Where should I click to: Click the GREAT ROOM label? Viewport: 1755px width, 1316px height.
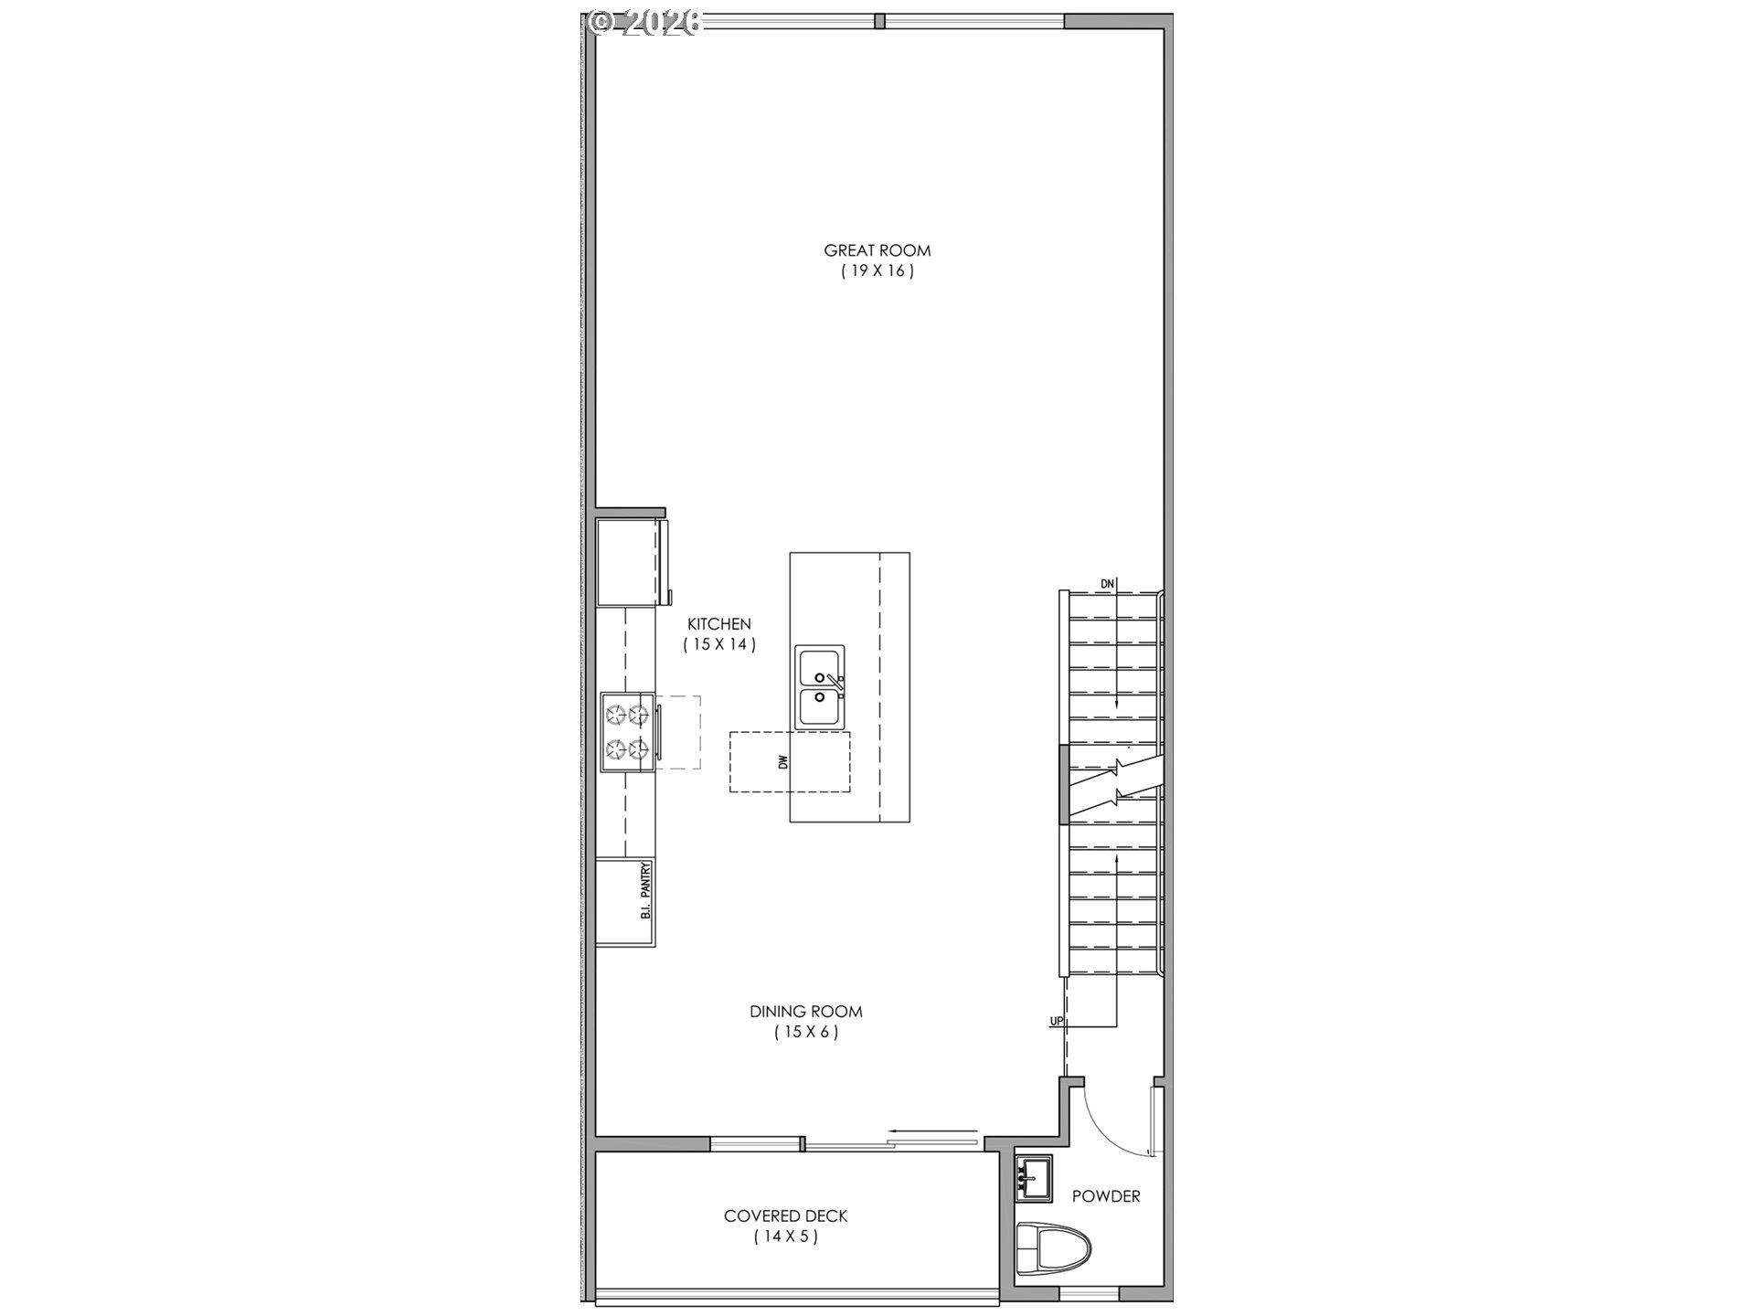(x=877, y=250)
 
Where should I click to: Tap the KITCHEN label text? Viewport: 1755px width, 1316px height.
(x=719, y=624)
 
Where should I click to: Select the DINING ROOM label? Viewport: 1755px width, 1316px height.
(x=805, y=1012)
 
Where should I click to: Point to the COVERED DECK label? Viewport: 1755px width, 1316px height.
(x=785, y=1216)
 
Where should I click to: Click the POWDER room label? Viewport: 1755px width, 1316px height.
(x=1106, y=1196)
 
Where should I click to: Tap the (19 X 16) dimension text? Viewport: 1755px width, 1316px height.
(x=877, y=271)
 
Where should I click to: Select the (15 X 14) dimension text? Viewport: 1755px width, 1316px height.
(x=719, y=644)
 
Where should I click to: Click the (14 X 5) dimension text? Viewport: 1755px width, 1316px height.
(x=785, y=1237)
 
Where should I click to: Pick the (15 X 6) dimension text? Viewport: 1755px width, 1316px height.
(x=805, y=1033)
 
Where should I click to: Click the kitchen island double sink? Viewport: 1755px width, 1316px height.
(x=820, y=687)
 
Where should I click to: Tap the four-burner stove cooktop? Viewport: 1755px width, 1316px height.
(x=627, y=732)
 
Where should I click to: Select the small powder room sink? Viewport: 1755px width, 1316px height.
(x=1034, y=1177)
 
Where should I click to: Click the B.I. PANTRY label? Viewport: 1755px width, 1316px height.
(x=645, y=890)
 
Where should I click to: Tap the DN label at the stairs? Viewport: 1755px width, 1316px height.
(x=1107, y=584)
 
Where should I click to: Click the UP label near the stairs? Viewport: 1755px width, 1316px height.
(x=1057, y=1021)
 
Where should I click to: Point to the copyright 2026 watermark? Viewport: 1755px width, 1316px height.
(x=645, y=22)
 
